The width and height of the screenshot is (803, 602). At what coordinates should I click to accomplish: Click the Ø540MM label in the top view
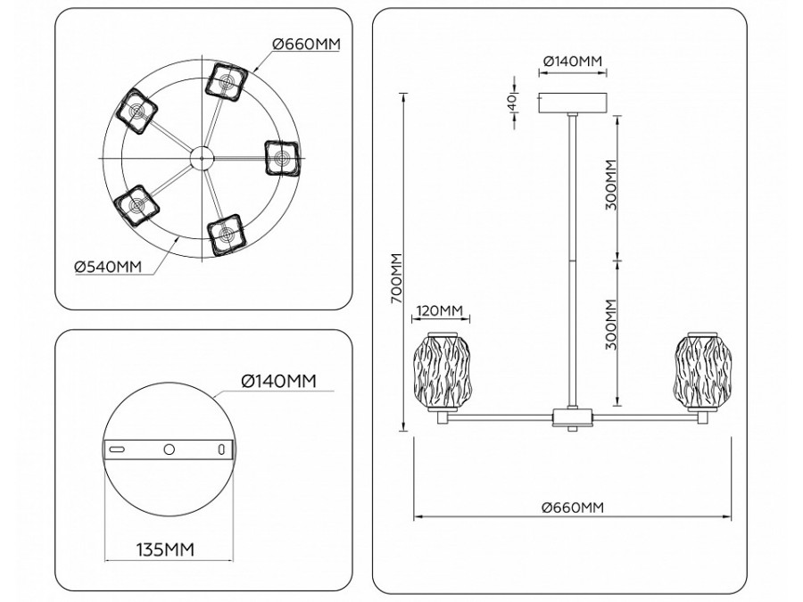[108, 266]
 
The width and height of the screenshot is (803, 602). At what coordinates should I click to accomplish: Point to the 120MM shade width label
[438, 310]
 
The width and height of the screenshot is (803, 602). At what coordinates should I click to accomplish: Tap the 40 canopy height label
[513, 103]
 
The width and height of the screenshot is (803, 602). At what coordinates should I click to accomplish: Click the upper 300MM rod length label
[610, 184]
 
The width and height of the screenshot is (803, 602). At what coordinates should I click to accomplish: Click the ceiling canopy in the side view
[572, 103]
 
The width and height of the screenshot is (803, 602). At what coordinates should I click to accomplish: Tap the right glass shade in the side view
[704, 372]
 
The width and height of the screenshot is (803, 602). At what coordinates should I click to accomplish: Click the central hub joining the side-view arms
[570, 417]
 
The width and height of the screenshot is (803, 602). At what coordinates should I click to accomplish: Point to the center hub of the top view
[201, 159]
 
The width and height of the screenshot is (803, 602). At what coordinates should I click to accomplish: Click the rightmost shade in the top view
[282, 159]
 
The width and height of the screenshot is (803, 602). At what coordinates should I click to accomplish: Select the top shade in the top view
[227, 79]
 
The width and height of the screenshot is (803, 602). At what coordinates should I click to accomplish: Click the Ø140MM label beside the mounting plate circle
[279, 382]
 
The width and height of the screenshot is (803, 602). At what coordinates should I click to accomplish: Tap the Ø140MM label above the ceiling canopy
[572, 61]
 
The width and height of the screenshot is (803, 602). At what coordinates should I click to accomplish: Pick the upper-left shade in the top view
[138, 111]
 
